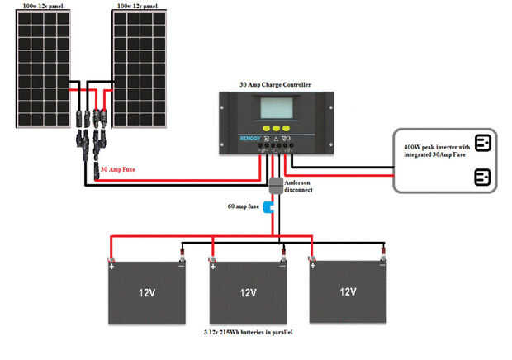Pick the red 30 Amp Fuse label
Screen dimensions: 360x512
(118, 169)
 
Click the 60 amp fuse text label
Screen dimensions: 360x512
(243, 206)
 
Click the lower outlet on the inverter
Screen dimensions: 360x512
(482, 177)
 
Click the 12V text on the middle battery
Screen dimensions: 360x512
(248, 292)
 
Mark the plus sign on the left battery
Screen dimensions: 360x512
(111, 266)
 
